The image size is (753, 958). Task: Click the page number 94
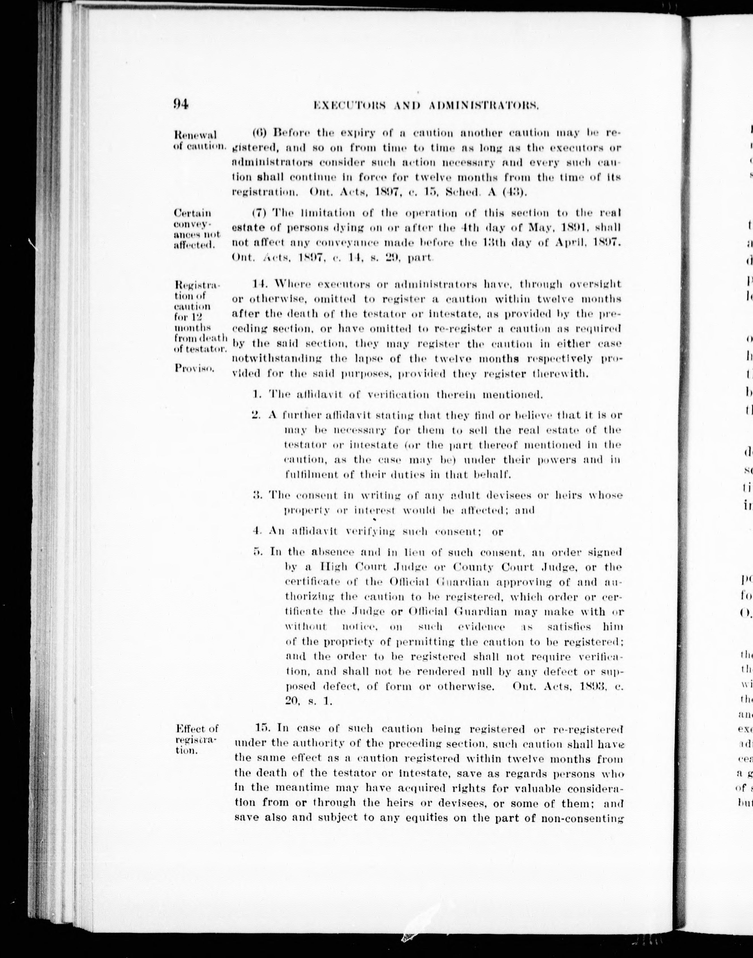[x=181, y=104]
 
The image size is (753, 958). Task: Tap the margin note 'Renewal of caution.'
[x=195, y=140]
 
